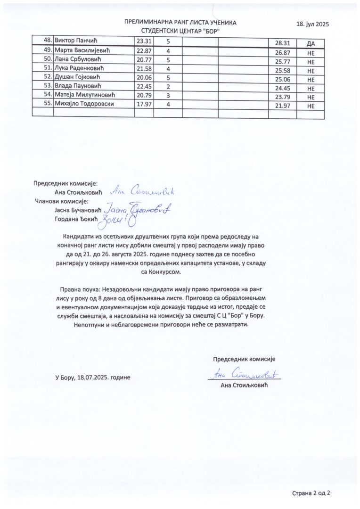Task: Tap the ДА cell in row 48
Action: point(311,43)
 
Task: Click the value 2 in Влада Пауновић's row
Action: point(168,86)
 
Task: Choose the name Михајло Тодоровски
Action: point(84,104)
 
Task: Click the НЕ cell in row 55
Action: point(311,107)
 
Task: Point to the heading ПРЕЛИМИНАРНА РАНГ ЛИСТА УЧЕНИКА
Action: point(180,23)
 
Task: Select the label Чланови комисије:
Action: point(62,201)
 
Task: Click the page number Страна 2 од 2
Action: point(311,493)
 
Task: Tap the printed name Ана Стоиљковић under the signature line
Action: point(244,386)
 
